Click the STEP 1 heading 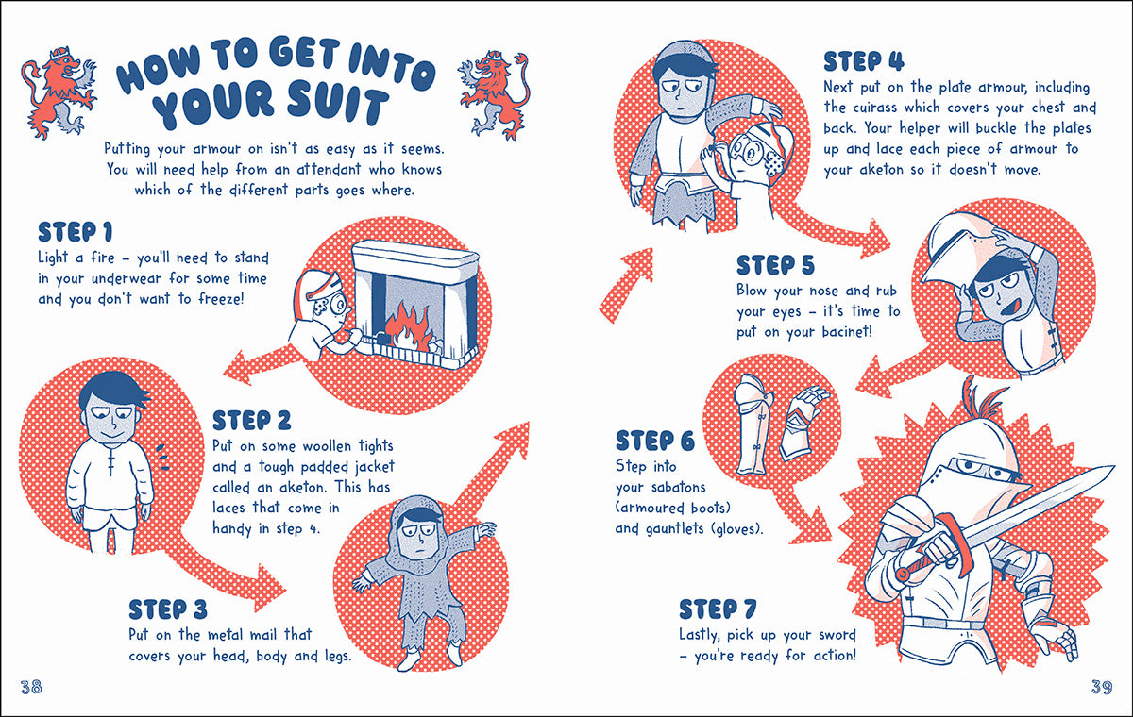[x=75, y=232]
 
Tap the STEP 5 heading [x=775, y=265]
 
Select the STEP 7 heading [x=718, y=609]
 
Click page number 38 [x=31, y=687]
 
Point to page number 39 [x=1102, y=687]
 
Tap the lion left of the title [x=59, y=92]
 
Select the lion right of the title [x=495, y=94]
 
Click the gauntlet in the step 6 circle [x=802, y=423]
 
